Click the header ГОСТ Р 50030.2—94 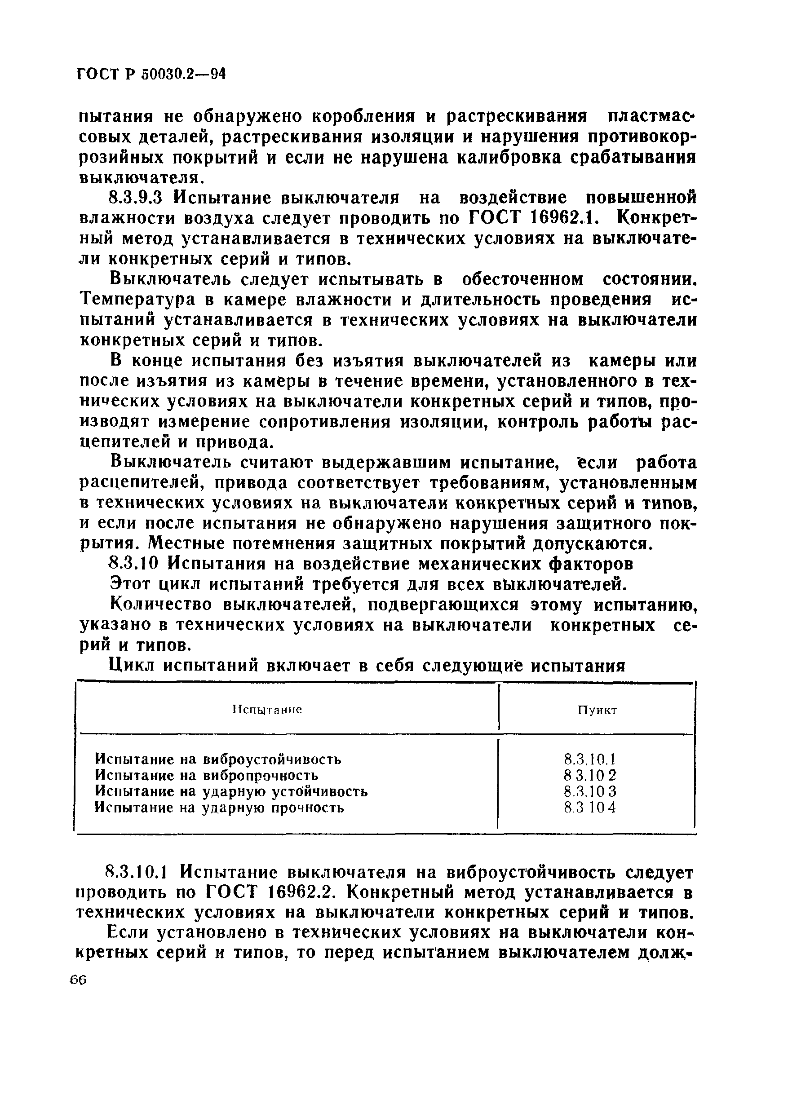pos(151,74)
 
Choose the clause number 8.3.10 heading pos(133,564)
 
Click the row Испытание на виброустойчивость pos(218,759)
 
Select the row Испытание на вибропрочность pos(207,775)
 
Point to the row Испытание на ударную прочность pos(220,808)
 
